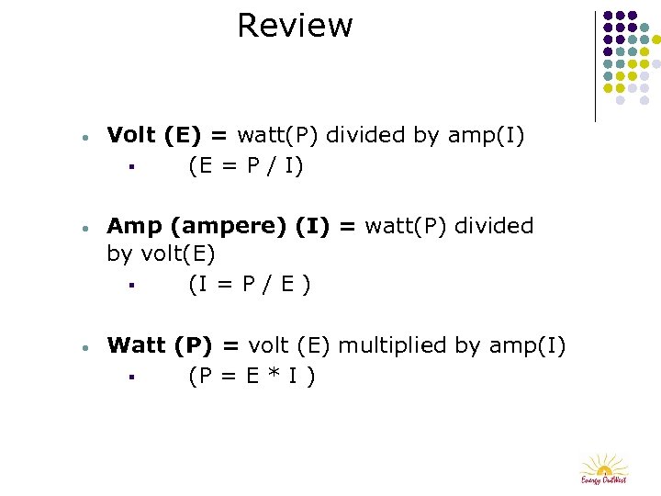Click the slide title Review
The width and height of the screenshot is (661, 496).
(294, 26)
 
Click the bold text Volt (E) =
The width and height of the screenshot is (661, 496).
(168, 136)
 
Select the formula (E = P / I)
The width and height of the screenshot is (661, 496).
(246, 166)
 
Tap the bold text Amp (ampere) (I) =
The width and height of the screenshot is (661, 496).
(231, 226)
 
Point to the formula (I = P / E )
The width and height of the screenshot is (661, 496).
(250, 285)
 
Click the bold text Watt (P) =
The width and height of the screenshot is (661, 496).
(174, 345)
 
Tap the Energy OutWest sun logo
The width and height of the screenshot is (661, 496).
(603, 467)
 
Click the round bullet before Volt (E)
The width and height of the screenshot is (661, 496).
(84, 138)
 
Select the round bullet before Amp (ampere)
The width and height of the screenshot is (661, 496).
(84, 228)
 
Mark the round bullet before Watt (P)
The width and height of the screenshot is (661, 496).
(84, 348)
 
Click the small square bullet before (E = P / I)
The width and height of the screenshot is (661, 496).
(132, 167)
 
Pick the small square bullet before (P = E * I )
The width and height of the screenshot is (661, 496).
(132, 377)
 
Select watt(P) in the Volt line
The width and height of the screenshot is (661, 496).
(278, 136)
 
